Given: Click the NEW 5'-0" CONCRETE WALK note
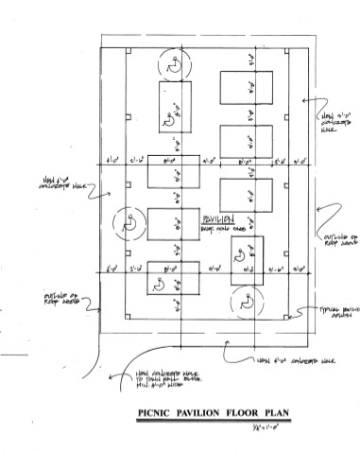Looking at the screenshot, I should pyautogui.click(x=334, y=123).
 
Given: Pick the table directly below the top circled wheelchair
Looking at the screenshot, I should pyautogui.click(x=174, y=106).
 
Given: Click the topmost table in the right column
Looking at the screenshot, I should pyautogui.click(x=246, y=89).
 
